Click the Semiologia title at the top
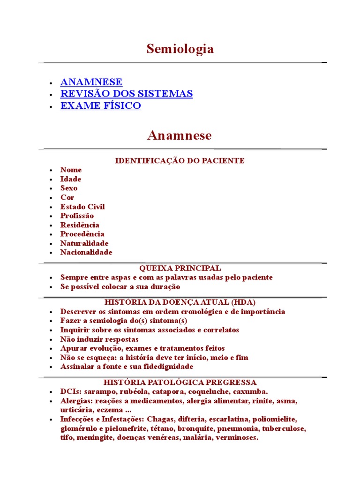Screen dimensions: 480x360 (180, 49)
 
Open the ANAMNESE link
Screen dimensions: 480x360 (91, 82)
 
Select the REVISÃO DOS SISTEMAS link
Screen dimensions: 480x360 (127, 94)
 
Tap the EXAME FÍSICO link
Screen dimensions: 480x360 (100, 106)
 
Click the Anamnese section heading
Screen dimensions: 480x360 (180, 136)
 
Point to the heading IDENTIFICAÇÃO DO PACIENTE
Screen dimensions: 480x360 (180, 161)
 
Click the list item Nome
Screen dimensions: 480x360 (71, 170)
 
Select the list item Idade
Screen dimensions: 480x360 (71, 179)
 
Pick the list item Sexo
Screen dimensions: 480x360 (69, 188)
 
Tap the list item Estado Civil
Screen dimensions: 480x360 (82, 207)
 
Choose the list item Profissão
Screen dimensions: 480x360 (77, 216)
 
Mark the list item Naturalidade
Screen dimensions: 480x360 (84, 243)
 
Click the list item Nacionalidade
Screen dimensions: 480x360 (86, 252)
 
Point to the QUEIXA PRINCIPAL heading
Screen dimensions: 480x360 (180, 269)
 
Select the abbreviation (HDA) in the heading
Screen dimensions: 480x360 (244, 302)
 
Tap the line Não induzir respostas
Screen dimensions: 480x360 (99, 339)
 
